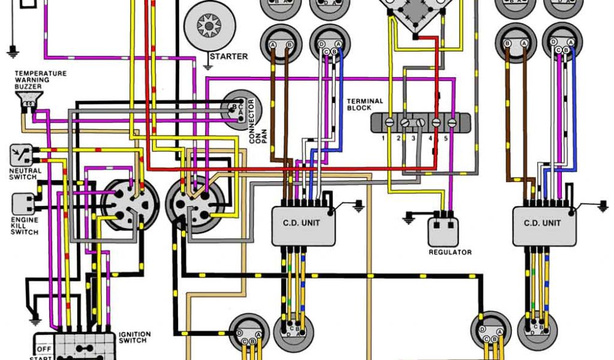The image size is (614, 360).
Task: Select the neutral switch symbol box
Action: tap(20, 155)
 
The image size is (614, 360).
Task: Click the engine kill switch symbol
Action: tap(22, 203)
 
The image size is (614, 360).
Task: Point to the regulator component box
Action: tap(444, 230)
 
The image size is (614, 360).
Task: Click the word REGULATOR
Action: tap(450, 253)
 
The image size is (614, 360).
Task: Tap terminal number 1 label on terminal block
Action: tap(383, 139)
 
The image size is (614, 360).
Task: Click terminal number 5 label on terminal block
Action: tap(445, 139)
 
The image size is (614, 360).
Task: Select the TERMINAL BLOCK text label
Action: tap(365, 104)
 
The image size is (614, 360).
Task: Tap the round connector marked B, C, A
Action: tap(239, 109)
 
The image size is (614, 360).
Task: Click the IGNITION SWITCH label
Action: tap(135, 337)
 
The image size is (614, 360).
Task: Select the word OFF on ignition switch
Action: tap(43, 347)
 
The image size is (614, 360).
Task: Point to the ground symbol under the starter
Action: tap(210, 60)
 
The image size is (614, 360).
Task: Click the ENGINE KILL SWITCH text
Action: tap(25, 226)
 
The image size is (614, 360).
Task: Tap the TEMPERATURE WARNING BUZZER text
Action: tap(41, 80)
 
